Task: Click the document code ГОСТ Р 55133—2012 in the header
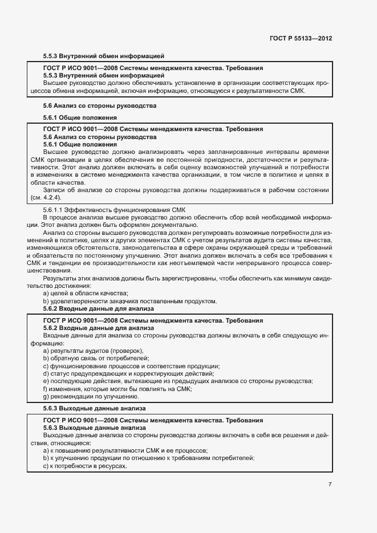click(301, 38)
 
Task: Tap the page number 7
click(330, 485)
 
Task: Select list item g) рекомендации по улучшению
click(91, 396)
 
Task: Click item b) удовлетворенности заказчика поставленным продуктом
click(130, 300)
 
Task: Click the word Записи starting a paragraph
click(54, 190)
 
